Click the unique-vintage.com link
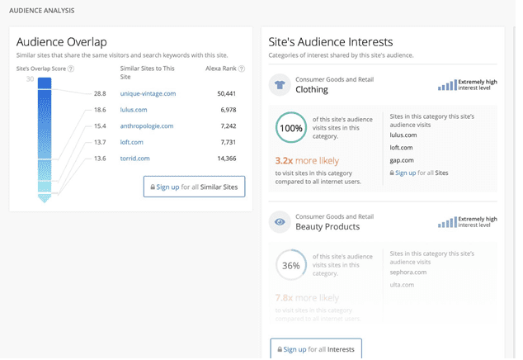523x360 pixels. pos(148,94)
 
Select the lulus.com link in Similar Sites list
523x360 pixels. pos(134,110)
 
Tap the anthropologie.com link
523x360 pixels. pos(147,126)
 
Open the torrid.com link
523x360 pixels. pos(134,159)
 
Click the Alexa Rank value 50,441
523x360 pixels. pos(226,94)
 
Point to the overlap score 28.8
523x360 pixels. pos(100,94)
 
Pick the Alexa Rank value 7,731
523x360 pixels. pos(229,142)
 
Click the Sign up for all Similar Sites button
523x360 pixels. pos(194,187)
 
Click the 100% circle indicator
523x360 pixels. pos(290,129)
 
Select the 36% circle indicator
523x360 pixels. pos(290,266)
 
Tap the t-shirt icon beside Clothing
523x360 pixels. pos(279,84)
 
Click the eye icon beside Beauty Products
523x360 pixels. pos(279,222)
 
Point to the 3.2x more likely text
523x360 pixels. pos(307,161)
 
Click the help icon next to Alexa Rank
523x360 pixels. pos(242,69)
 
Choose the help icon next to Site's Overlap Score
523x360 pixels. pos(71,69)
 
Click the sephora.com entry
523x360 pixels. pos(408,272)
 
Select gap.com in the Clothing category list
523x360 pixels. pos(402,160)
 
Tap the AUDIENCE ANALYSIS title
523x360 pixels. pos(41,11)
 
